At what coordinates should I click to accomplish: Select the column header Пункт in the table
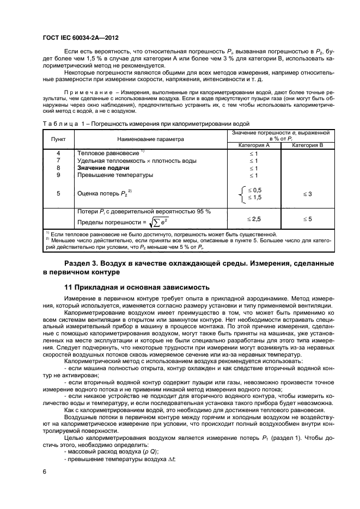point(58,139)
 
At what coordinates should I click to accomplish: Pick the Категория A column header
point(253,145)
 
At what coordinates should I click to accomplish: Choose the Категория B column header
point(308,145)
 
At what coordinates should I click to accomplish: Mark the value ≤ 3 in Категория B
point(308,193)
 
